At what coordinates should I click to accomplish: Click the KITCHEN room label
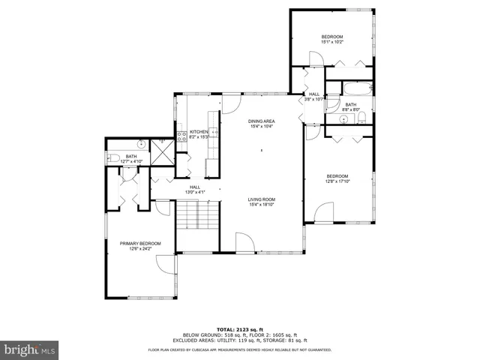pos(198,131)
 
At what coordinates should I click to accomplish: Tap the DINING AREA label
pos(262,121)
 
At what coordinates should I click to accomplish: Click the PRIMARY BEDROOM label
pos(140,243)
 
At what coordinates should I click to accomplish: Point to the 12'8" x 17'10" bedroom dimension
pos(337,181)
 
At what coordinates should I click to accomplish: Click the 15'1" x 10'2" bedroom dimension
pos(331,42)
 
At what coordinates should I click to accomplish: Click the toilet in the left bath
pos(112,157)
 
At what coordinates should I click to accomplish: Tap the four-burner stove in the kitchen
pos(181,136)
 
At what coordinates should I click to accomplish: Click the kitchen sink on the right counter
pos(214,132)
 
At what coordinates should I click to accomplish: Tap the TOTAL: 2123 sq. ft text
pos(240,329)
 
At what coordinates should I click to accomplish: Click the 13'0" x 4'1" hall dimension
pos(195,193)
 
